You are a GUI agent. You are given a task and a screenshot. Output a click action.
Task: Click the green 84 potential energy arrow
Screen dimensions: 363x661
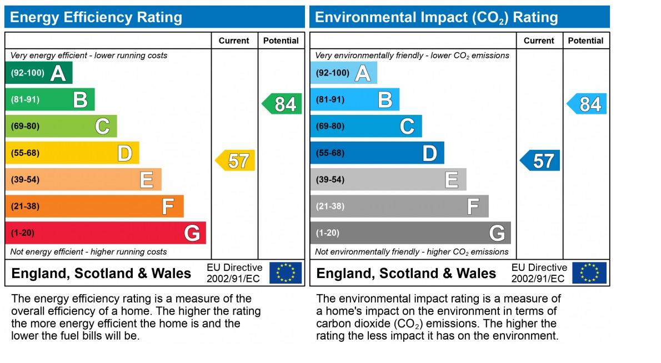[282, 104]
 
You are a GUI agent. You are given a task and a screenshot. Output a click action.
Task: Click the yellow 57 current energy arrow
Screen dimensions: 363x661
[236, 161]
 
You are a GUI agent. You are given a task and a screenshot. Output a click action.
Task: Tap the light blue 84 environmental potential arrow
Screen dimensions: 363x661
[587, 104]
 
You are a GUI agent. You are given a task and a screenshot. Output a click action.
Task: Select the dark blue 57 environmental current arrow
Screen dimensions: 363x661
[540, 161]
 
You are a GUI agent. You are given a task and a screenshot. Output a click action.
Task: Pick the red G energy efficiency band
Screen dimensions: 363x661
[106, 233]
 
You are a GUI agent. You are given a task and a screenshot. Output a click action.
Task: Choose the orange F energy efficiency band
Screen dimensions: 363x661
[94, 206]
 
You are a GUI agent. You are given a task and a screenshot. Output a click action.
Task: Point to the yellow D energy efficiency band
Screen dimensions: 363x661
[72, 153]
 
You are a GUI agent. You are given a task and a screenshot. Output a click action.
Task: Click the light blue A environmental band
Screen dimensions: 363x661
[343, 73]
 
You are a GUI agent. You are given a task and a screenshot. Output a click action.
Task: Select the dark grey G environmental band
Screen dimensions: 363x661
[410, 233]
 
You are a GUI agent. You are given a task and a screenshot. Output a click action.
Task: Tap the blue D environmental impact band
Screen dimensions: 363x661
[377, 153]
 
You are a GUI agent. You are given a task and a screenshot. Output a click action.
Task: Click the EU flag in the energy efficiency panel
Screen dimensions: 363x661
[286, 273]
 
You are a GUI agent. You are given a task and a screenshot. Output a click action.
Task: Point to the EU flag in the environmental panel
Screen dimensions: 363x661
[590, 273]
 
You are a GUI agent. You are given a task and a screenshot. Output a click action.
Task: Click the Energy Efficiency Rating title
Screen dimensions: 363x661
[96, 17]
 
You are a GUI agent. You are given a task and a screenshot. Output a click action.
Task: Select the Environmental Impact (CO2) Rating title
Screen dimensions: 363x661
[436, 17]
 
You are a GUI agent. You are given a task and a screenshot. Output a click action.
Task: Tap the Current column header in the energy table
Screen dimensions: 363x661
[234, 41]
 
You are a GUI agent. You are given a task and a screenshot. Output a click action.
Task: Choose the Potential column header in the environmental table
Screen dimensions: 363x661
[585, 41]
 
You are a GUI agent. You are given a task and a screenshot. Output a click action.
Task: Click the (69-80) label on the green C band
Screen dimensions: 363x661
[25, 126]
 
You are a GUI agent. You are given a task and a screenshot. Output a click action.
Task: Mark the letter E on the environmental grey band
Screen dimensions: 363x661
[452, 180]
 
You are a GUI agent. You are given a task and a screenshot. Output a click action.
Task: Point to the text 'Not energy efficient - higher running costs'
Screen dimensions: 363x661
[88, 252]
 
